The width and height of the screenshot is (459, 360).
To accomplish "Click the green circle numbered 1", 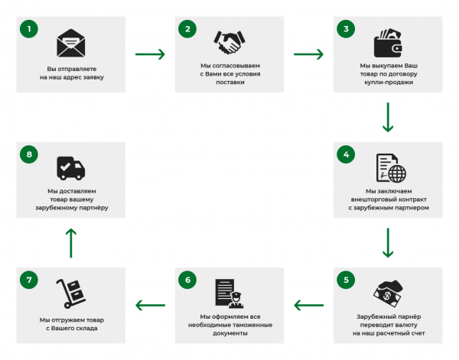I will (x=29, y=29).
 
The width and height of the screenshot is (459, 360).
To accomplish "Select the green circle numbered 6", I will (x=187, y=280).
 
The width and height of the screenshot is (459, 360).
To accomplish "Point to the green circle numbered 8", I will (x=29, y=154).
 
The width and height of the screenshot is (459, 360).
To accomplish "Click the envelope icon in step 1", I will (x=70, y=41).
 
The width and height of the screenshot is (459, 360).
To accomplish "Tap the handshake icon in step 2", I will (x=229, y=41).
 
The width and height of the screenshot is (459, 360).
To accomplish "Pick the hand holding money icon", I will (x=387, y=293).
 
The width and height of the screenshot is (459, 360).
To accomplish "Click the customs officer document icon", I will (x=229, y=293).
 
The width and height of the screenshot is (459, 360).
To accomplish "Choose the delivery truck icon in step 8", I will (x=70, y=167).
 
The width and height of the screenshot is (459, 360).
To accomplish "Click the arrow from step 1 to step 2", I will (x=150, y=54).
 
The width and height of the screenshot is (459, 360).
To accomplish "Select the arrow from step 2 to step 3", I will (x=308, y=54).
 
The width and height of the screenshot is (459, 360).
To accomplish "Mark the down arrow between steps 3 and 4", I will (x=388, y=117).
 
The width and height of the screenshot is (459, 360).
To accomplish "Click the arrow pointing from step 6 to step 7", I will (x=150, y=306).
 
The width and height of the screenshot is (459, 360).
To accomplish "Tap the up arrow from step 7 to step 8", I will (x=70, y=242).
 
